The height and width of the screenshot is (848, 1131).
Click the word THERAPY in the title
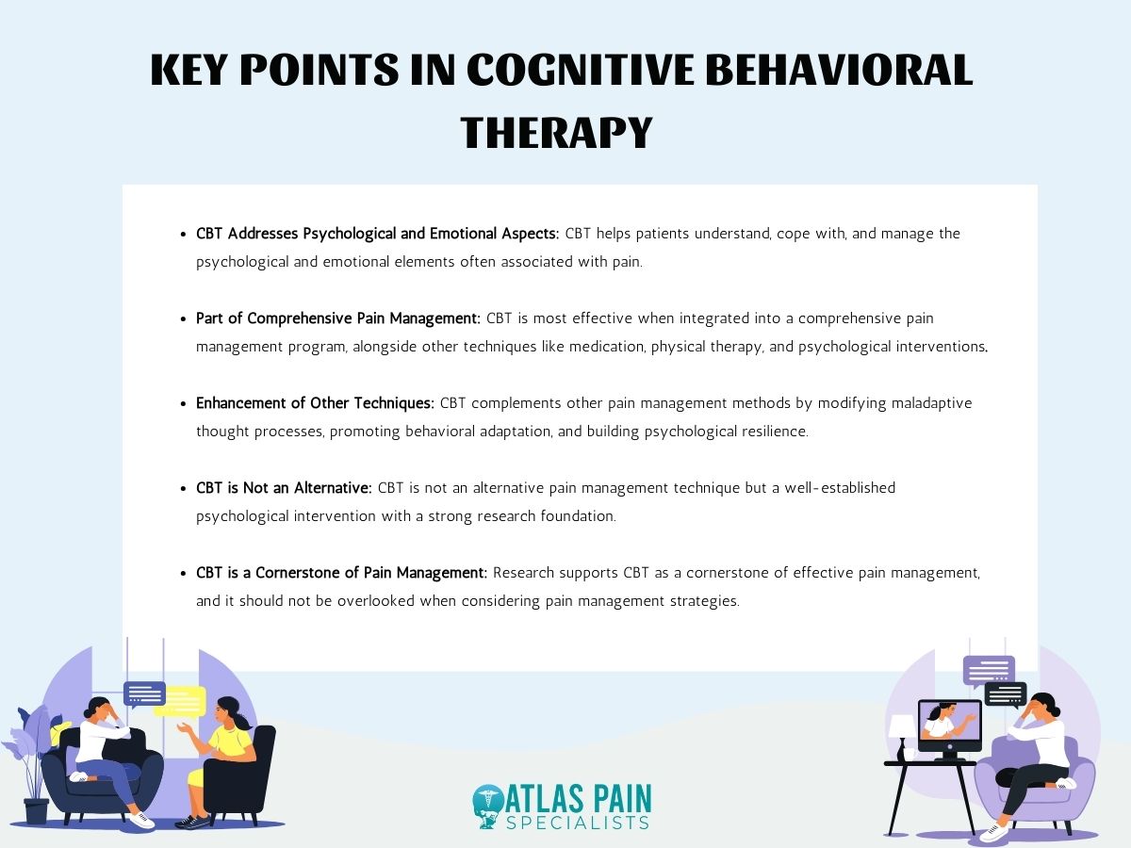pyautogui.click(x=556, y=132)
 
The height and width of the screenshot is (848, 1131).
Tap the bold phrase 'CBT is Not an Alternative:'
pyautogui.click(x=284, y=488)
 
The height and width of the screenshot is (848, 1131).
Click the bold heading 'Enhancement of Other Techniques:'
pyautogui.click(x=315, y=403)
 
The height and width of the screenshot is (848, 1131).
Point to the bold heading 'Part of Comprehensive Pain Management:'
pyautogui.click(x=337, y=318)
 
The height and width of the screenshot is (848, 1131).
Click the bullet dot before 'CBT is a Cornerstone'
pyautogui.click(x=185, y=573)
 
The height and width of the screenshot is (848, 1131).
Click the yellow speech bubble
pyautogui.click(x=180, y=700)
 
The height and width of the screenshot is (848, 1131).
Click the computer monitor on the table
pyautogui.click(x=949, y=724)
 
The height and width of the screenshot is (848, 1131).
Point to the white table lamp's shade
pyautogui.click(x=901, y=726)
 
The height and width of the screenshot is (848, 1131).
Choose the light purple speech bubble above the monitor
pyautogui.click(x=989, y=670)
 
